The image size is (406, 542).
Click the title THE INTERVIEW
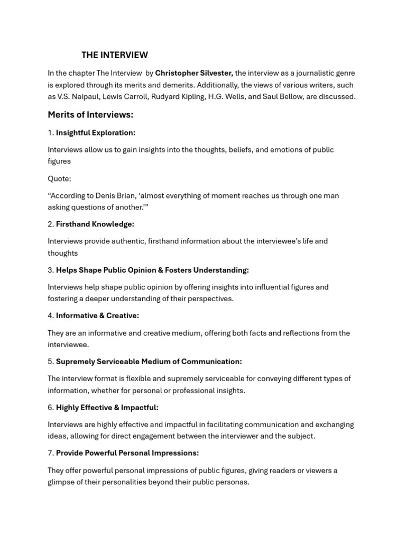(x=115, y=55)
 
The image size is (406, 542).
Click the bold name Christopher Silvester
(x=193, y=73)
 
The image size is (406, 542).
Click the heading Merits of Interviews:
(x=90, y=115)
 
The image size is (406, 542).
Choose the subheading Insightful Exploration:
(x=96, y=133)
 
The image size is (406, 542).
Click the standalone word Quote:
(x=59, y=178)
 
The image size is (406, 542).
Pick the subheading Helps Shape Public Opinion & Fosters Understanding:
(x=152, y=270)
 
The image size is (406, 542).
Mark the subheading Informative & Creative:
(x=97, y=316)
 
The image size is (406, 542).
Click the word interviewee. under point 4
(x=68, y=345)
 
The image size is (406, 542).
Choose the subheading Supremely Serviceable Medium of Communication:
(x=149, y=362)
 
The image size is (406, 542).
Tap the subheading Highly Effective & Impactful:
(x=107, y=408)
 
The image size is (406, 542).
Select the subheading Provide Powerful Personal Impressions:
(x=127, y=453)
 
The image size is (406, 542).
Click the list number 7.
(x=50, y=453)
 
